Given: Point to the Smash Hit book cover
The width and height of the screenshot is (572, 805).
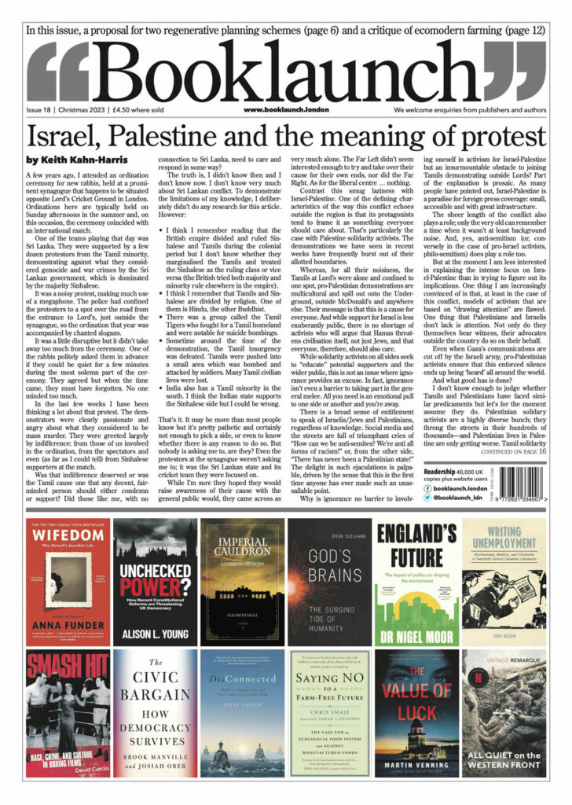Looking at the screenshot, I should pyautogui.click(x=65, y=713).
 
